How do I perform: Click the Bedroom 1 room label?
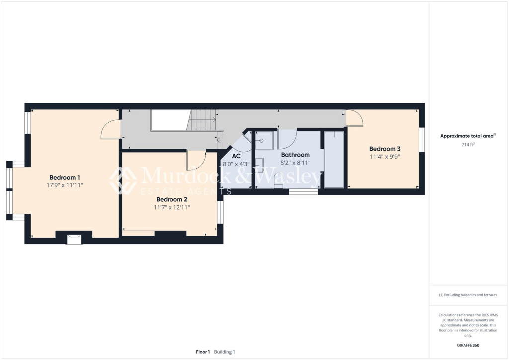65,177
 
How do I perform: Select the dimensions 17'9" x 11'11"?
65,185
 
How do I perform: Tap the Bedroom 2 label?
171,199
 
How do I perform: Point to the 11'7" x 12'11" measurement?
171,207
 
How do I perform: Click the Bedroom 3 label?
385,149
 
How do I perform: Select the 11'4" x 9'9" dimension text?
385,156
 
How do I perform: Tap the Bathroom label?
295,155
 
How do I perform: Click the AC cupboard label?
236,156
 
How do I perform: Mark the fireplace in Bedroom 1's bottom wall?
74,239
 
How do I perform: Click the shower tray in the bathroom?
264,140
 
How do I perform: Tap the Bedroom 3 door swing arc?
355,118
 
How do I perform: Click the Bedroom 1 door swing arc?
110,131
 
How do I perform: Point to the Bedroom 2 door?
196,160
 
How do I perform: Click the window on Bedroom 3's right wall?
422,139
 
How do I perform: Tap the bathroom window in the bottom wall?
303,191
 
